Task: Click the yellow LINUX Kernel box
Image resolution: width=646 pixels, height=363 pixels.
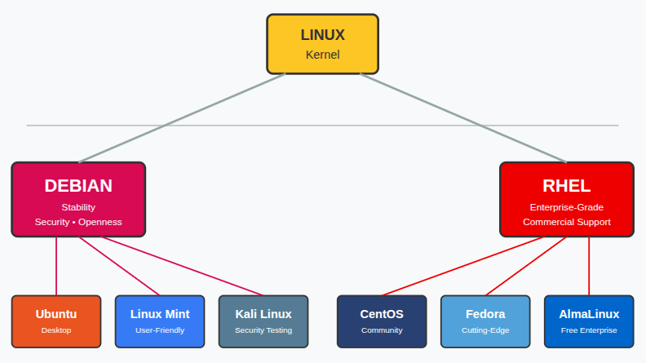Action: [322, 43]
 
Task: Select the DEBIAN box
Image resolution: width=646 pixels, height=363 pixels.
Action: [78, 199]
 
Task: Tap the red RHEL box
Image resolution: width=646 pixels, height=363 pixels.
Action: [566, 199]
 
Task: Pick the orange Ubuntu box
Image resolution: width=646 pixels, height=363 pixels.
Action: [56, 321]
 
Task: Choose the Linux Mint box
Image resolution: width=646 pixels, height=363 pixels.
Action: [160, 321]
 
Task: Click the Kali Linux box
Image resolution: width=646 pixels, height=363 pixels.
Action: [263, 321]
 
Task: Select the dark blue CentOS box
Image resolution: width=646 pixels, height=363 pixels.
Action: [382, 321]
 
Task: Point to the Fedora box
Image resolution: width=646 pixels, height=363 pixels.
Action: [485, 321]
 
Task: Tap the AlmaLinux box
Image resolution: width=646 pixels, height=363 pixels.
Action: [589, 321]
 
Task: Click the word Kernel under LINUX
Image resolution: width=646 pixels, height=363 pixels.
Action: [322, 55]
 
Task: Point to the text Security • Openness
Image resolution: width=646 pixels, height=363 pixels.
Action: [78, 222]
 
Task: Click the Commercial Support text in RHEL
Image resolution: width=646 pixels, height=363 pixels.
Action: [566, 222]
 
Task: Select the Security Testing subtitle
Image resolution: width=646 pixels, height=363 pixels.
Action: [263, 330]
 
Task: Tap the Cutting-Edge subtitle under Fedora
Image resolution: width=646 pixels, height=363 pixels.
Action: [485, 330]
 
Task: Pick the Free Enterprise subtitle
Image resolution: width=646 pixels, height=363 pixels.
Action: [589, 330]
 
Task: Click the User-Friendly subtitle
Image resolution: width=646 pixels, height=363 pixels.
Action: [160, 330]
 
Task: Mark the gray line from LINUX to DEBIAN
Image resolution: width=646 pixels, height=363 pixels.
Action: [181, 118]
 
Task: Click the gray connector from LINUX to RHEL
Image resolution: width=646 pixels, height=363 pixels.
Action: [462, 118]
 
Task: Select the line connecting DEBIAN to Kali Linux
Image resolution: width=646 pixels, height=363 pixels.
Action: [184, 266]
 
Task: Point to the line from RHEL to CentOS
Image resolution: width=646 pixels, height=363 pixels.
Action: [462, 266]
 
